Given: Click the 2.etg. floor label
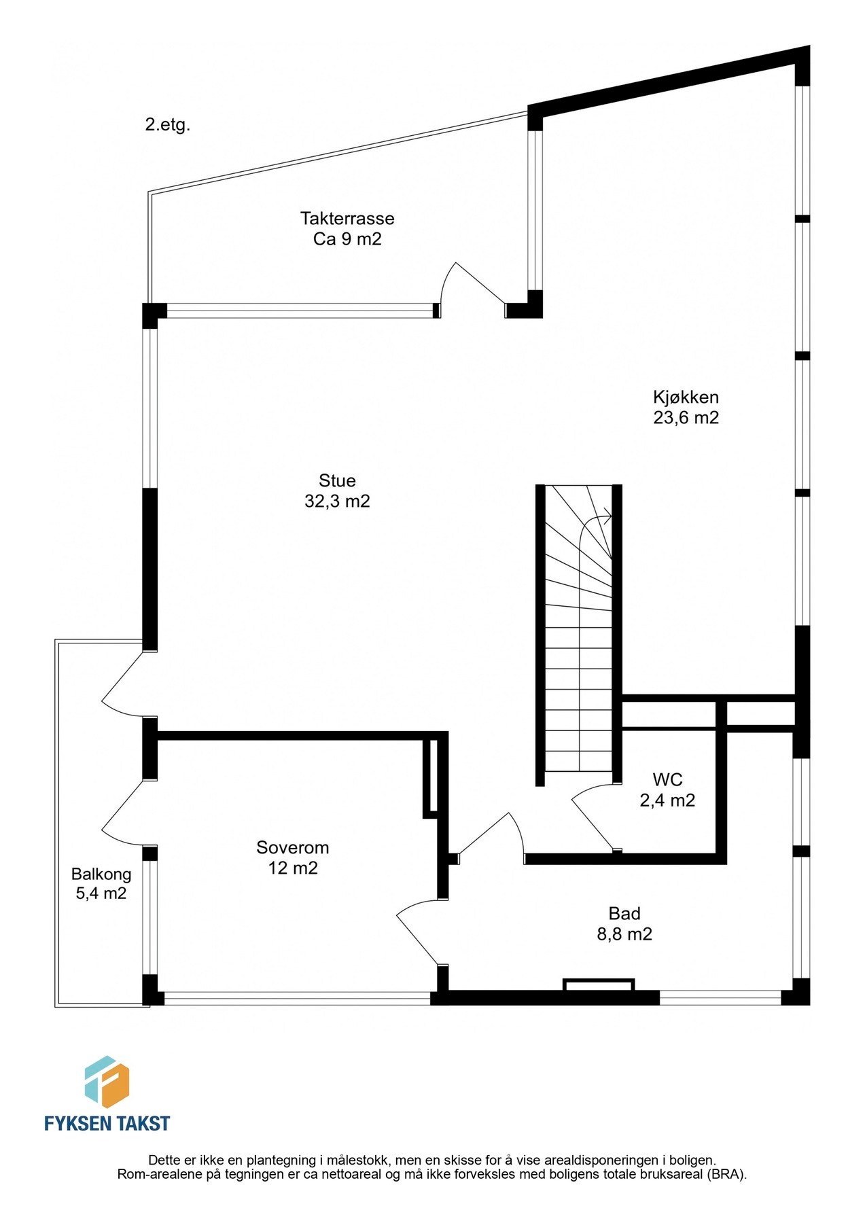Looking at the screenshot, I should (x=167, y=125).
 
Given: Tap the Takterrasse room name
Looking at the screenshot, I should (x=347, y=219).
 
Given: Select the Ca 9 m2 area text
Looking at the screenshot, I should (x=347, y=239).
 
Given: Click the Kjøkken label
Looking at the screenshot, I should (x=686, y=397).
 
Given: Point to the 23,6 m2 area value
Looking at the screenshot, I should (x=686, y=417).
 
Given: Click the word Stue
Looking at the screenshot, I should (x=337, y=481).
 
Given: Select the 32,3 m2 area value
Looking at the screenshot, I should (x=337, y=501).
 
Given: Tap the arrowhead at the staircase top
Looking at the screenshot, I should (x=607, y=517).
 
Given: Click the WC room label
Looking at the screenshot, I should (x=667, y=779).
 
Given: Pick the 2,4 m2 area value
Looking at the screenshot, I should (x=667, y=800).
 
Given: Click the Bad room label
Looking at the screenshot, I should (x=624, y=913).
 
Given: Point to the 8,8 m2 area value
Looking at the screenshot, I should (x=624, y=934).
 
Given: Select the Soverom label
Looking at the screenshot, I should (x=292, y=847).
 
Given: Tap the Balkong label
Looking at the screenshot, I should (x=101, y=874).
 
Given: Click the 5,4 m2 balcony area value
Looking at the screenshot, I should (x=101, y=893).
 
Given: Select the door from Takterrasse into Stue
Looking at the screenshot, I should (x=471, y=285).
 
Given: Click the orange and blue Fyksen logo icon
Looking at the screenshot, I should (x=107, y=1082).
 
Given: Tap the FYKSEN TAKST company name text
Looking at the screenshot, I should (x=107, y=1122).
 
